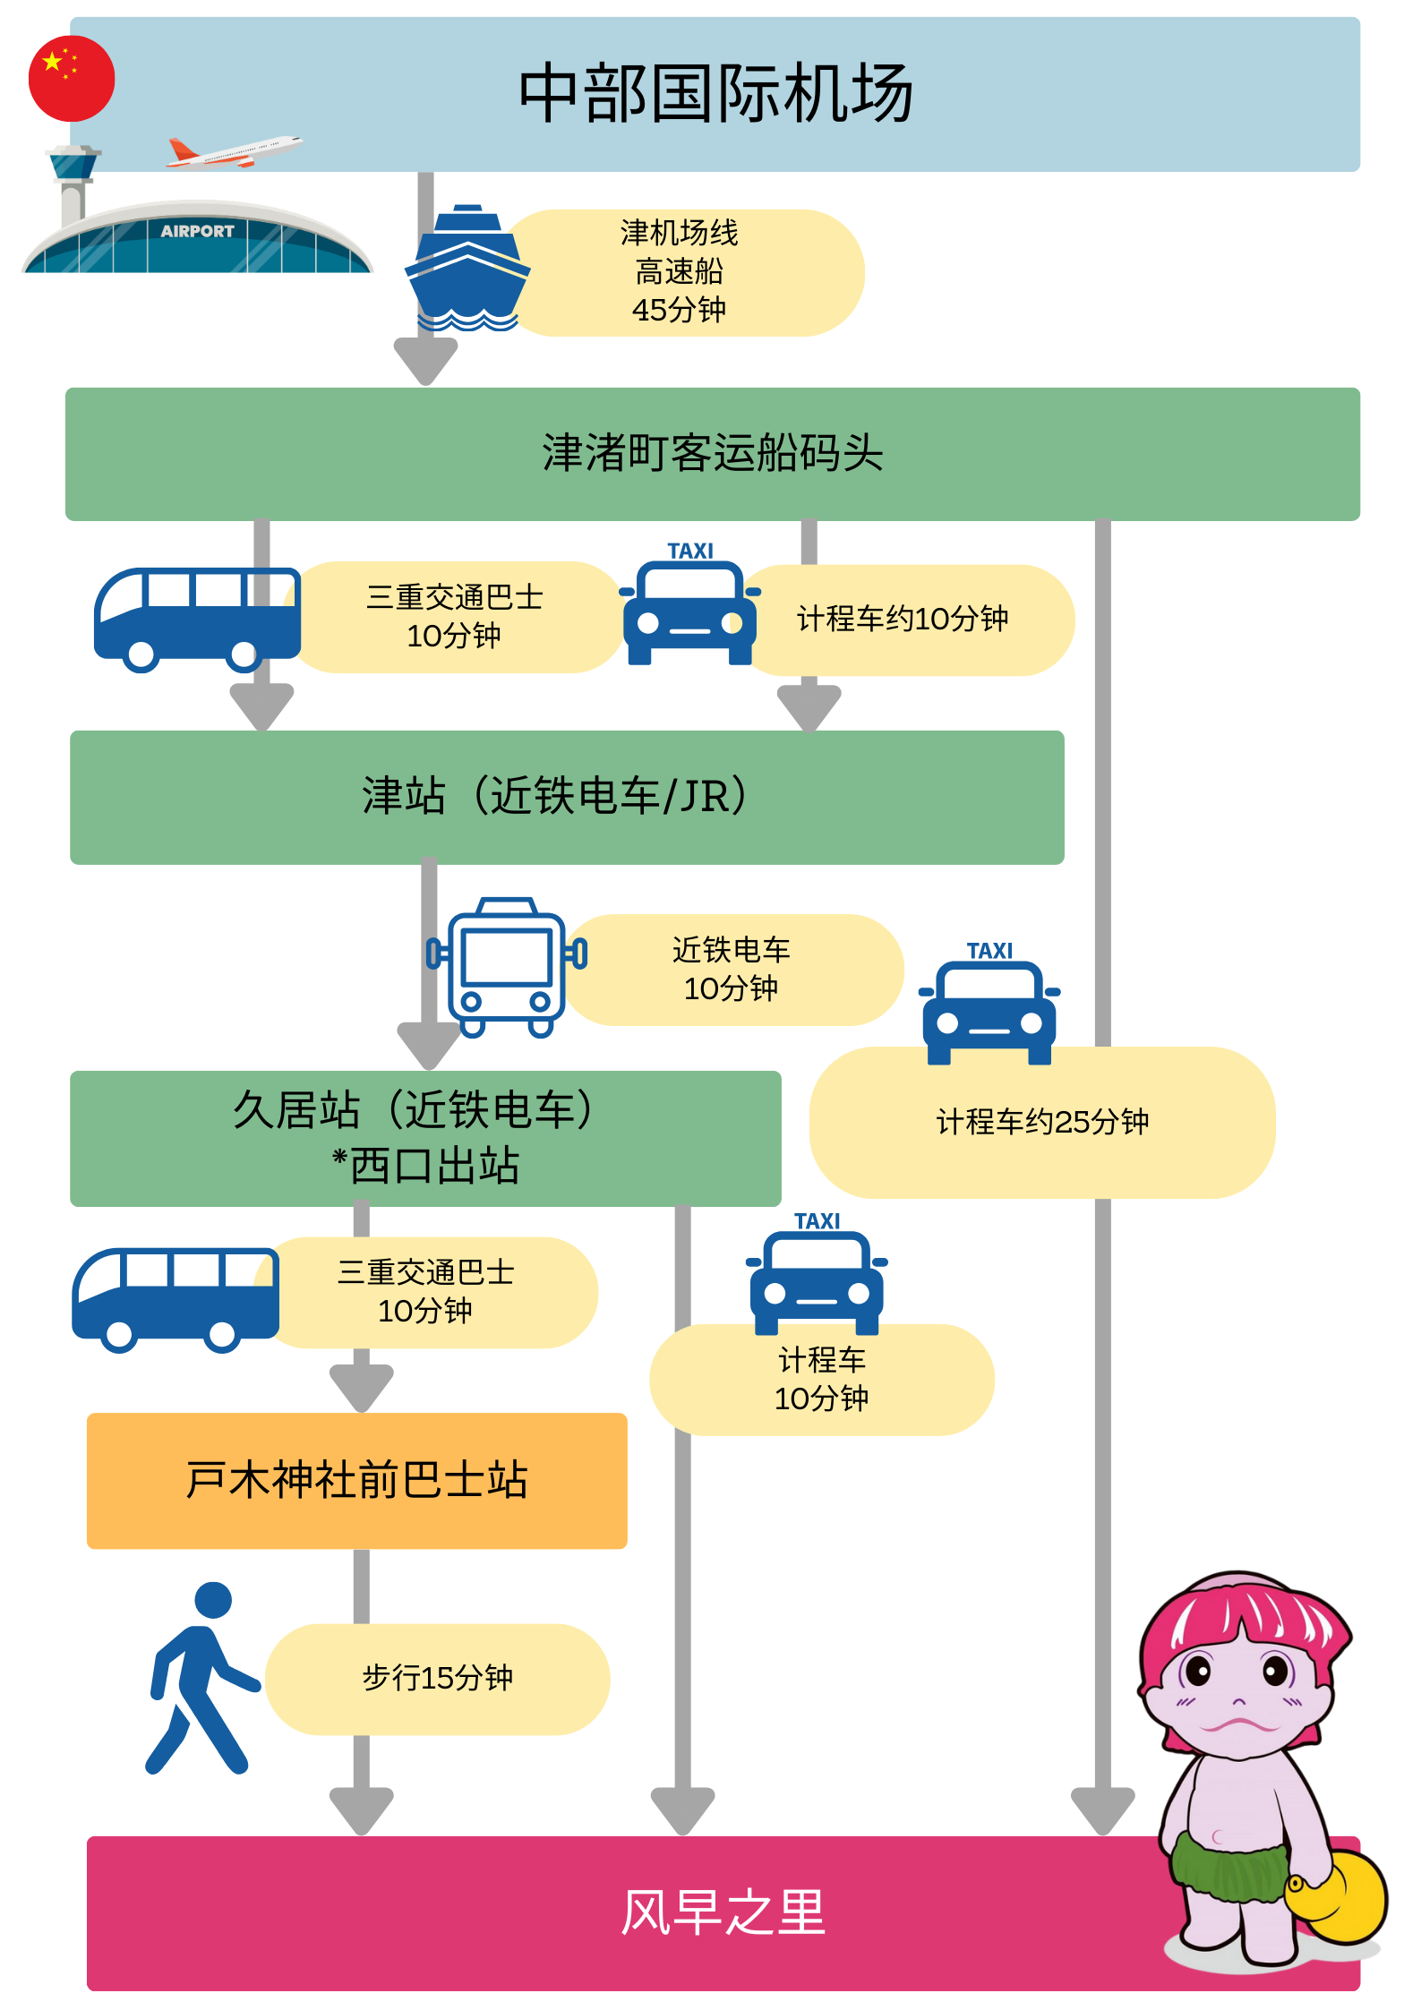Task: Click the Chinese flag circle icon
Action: (72, 79)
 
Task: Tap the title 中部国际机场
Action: (715, 94)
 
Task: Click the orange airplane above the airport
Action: (235, 152)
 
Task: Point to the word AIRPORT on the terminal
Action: (197, 231)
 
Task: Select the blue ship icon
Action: (467, 269)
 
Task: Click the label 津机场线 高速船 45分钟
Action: (680, 272)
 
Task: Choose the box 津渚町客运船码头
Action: (713, 453)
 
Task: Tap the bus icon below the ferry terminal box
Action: (197, 618)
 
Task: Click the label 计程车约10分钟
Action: (903, 619)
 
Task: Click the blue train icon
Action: (507, 967)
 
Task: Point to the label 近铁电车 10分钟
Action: (731, 970)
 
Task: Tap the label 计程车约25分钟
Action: (1042, 1122)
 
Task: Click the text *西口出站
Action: (426, 1166)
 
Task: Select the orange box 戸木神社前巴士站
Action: (356, 1480)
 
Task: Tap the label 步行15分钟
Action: (437, 1678)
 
